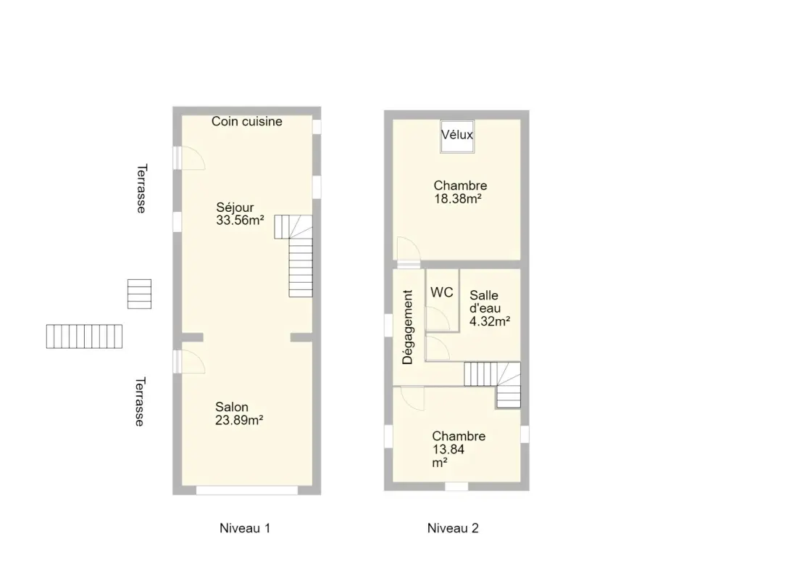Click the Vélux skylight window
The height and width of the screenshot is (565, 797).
click(x=457, y=136)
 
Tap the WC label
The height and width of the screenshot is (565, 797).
click(x=442, y=293)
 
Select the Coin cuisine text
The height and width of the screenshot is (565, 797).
click(x=247, y=122)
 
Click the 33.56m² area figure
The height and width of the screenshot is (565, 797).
click(x=240, y=220)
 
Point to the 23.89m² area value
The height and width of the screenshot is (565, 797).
click(x=239, y=421)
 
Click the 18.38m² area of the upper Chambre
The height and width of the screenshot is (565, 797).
click(x=458, y=199)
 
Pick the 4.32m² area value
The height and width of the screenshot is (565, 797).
click(x=490, y=322)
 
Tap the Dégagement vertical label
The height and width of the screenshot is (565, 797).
click(x=408, y=327)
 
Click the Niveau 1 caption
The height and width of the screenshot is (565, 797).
click(x=245, y=528)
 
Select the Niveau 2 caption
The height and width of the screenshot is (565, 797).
click(x=453, y=528)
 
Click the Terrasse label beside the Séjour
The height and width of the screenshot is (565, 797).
click(x=141, y=189)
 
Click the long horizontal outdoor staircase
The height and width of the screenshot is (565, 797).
click(x=84, y=337)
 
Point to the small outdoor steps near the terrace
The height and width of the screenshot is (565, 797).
click(x=139, y=294)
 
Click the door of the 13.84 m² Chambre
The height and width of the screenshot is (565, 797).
click(x=412, y=398)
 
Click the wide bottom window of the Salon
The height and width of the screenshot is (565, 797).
click(x=247, y=490)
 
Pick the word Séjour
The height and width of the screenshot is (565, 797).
click(x=235, y=207)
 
